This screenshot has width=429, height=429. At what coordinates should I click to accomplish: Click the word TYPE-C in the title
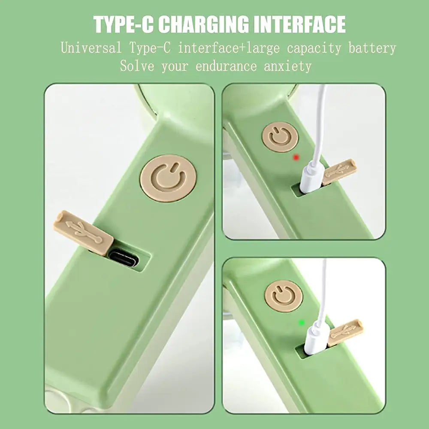(124, 24)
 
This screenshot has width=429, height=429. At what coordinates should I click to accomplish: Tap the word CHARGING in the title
(203, 24)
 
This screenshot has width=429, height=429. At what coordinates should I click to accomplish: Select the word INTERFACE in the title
(299, 24)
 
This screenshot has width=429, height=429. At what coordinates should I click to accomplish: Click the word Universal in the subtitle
(91, 48)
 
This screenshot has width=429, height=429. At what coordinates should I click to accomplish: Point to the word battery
(372, 48)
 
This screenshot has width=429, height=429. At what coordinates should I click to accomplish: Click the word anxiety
(288, 66)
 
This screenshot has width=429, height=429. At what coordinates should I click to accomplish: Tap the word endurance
(226, 66)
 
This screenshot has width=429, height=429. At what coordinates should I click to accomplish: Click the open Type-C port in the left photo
(124, 259)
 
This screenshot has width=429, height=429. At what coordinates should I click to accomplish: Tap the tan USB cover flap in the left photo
(84, 233)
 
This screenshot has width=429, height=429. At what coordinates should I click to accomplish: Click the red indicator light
(296, 157)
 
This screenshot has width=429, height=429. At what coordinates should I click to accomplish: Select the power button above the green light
(284, 296)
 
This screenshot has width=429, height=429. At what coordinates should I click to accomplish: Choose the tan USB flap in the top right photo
(339, 172)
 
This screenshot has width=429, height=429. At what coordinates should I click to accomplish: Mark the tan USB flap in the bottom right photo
(345, 332)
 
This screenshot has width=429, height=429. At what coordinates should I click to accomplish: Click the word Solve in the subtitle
(137, 66)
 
